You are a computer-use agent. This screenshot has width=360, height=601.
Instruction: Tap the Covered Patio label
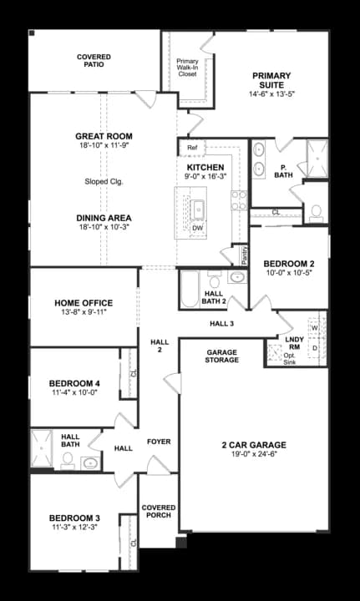pyautogui.click(x=94, y=62)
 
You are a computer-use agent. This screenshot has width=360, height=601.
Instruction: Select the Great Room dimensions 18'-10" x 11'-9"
pyautogui.click(x=104, y=146)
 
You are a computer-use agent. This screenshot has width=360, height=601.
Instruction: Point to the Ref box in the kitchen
pyautogui.click(x=191, y=148)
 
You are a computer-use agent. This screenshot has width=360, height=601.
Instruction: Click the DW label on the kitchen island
pyautogui.click(x=197, y=227)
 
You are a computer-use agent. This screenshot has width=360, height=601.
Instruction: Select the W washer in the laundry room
pyautogui.click(x=315, y=327)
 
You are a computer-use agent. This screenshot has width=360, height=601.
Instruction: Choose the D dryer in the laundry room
pyautogui.click(x=315, y=347)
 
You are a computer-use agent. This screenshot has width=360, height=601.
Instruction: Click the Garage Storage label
pyautogui.click(x=222, y=356)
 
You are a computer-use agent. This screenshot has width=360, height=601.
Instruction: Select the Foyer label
pyautogui.click(x=159, y=441)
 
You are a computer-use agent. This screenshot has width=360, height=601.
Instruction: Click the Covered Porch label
pyautogui.click(x=158, y=511)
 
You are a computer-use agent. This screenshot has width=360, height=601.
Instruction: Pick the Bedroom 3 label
pyautogui.click(x=74, y=518)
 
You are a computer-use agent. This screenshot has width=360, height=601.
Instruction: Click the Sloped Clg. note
pyautogui.click(x=104, y=181)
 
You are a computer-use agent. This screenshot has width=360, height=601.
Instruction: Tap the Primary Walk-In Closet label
pyautogui.click(x=186, y=68)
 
